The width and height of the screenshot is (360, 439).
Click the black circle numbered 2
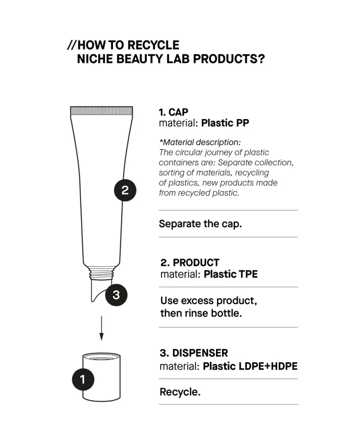point(125,190)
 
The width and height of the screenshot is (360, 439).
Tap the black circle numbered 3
point(116,295)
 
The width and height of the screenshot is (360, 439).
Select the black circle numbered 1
point(83,379)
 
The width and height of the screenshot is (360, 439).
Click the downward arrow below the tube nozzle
point(101,328)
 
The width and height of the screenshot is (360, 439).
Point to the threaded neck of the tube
point(101,273)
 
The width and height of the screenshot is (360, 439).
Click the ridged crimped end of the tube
point(101,111)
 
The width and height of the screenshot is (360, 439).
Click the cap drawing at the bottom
point(102,376)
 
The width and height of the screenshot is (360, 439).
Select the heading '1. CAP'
point(173,112)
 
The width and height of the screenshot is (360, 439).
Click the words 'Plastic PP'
point(225,123)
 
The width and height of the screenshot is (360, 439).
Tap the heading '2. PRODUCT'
point(190,263)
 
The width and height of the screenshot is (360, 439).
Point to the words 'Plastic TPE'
point(230,274)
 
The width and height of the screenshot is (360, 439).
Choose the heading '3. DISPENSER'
point(194,353)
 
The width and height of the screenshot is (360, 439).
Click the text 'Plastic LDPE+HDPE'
point(250,366)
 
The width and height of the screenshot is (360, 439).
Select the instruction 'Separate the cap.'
point(200,224)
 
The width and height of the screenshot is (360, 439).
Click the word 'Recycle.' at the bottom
point(180,392)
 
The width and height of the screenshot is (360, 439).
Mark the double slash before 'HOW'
point(72,45)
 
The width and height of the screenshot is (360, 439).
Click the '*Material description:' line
point(200,142)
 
